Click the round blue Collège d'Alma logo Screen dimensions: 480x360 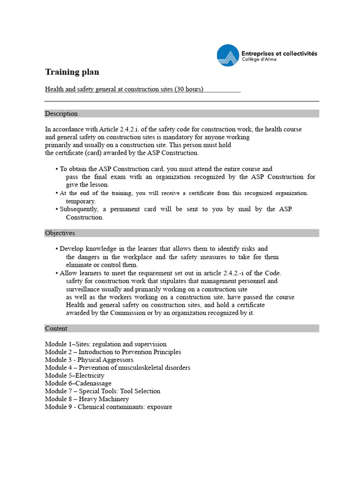coord(228,55)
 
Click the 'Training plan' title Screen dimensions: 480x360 coord(72,72)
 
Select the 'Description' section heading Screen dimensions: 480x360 coord(61,113)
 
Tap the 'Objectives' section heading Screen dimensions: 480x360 coord(60,233)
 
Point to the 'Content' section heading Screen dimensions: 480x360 coord(56,329)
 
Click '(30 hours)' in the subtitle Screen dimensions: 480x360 coord(189,89)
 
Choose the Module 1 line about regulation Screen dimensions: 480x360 coord(105,344)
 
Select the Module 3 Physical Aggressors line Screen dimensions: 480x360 coord(89,360)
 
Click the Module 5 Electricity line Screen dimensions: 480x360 coord(75,375)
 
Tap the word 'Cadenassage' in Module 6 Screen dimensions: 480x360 coord(93,383)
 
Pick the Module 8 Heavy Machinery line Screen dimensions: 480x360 coord(87,399)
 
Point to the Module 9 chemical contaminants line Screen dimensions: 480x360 coord(108,407)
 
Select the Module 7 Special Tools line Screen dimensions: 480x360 coord(103,391)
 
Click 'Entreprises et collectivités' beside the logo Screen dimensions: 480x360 coord(279,53)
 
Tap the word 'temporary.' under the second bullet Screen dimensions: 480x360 coord(81,201)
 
